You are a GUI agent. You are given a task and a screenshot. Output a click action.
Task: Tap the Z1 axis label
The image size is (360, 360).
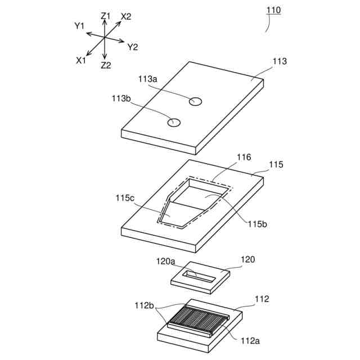pyautogui.click(x=106, y=16)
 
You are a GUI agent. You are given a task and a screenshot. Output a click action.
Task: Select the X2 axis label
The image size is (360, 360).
pyautogui.click(x=126, y=17)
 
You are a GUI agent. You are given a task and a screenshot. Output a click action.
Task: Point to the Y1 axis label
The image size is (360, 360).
pyautogui.click(x=79, y=25)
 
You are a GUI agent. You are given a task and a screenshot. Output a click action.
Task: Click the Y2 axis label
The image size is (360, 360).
pyautogui.click(x=133, y=47)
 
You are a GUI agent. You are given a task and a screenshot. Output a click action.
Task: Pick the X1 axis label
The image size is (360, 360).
pyautogui.click(x=81, y=60)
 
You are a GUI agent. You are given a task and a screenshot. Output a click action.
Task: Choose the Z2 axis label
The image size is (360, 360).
pyautogui.click(x=106, y=65)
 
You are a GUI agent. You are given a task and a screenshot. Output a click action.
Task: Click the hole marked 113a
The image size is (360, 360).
pyautogui.click(x=196, y=102)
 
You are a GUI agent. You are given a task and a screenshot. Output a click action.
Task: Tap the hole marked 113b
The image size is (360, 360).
pyautogui.click(x=174, y=122)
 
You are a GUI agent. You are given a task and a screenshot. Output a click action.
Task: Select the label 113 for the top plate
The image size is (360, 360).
pyautogui.click(x=280, y=62)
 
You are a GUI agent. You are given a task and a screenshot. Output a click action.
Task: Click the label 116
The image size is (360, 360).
pyautogui.click(x=244, y=157)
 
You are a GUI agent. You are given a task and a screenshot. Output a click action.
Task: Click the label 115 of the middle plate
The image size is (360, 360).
pyautogui.click(x=276, y=165)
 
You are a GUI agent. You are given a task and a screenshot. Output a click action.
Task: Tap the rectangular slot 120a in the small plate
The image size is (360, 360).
pyautogui.click(x=200, y=275)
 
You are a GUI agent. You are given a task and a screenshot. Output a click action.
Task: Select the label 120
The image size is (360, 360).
pyautogui.click(x=247, y=259)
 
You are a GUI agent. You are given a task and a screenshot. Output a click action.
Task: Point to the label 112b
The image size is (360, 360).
pyautogui.click(x=143, y=305)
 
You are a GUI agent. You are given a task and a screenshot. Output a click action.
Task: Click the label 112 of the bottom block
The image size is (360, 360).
pyautogui.click(x=262, y=299)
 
